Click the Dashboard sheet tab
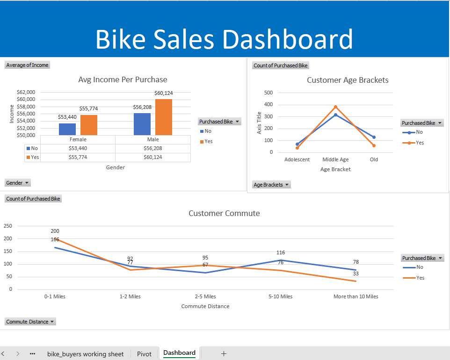coord(179,353)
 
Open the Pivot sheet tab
coord(144,354)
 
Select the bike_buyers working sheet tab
coord(85,354)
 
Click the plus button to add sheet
coord(224,353)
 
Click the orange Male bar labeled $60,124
coord(163,117)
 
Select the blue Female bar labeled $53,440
coord(67,129)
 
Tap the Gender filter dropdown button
coord(18,183)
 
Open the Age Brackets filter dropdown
coord(271,185)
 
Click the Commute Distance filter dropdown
coord(30,322)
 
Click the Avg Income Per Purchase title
coord(123,79)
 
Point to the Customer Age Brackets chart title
coord(348,80)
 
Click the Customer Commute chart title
coord(224,213)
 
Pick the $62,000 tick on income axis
coord(26,92)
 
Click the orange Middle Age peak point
coord(335,107)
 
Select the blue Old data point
coord(374,137)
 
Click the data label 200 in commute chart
coord(55,231)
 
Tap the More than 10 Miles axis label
coord(356,296)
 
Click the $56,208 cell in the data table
coord(152,148)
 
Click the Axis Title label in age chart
coord(259,122)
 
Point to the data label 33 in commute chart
coord(356,274)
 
